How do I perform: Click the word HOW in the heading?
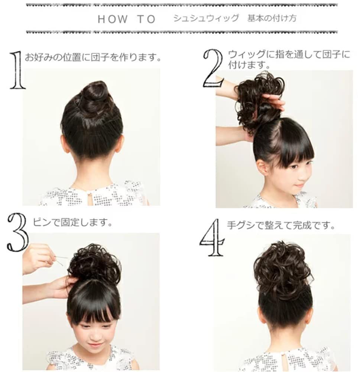point(113,19)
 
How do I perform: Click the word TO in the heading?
point(146,19)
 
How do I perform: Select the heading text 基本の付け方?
point(272,18)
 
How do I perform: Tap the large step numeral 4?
point(212,237)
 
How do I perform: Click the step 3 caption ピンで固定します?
point(72,222)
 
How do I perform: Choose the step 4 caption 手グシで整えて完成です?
point(281,225)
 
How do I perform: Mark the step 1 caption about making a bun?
point(93,57)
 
